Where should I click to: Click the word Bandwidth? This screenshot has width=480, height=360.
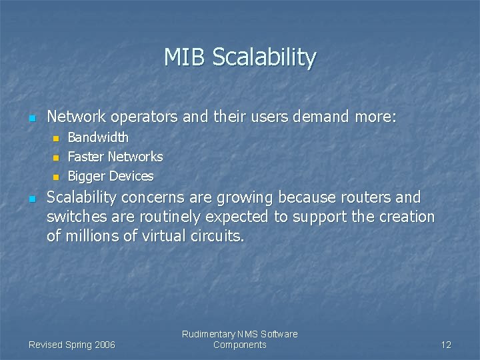(98, 137)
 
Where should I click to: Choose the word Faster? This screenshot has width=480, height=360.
(86, 157)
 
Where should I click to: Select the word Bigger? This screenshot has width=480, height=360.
(87, 177)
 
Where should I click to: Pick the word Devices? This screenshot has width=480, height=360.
(131, 176)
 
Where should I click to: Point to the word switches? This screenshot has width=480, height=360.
(73, 217)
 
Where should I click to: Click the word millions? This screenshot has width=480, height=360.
(93, 235)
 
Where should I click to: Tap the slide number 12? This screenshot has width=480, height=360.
(446, 345)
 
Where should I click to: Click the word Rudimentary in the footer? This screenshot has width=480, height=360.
(208, 334)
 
